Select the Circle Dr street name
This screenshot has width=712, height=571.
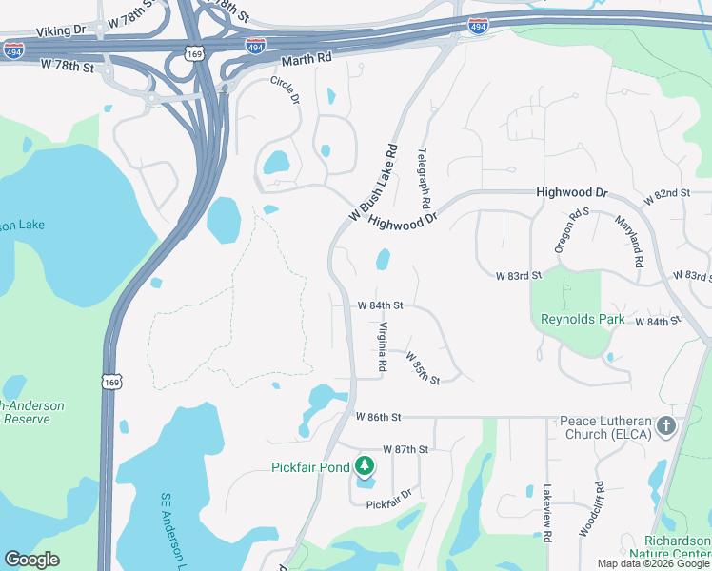coord(285,91)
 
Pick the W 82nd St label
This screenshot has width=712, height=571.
coord(666,194)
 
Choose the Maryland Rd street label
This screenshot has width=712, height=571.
coord(629,241)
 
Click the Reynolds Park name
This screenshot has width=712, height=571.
coord(583,319)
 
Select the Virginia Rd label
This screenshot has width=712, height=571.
coord(383,345)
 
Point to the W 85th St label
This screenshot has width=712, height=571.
coord(423,368)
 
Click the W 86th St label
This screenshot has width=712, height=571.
coord(380,417)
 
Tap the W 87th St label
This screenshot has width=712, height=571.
coord(406,448)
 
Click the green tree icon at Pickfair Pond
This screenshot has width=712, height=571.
coord(363,466)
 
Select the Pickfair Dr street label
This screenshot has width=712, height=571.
coord(388,497)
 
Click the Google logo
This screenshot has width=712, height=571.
coord(32,560)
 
